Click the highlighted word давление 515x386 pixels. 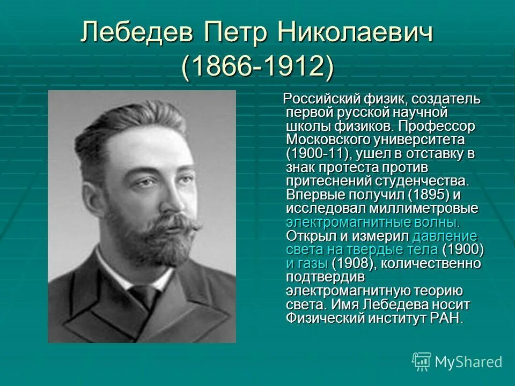[445, 236]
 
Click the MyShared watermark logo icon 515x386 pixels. [422, 361]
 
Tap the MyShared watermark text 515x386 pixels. [468, 362]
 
